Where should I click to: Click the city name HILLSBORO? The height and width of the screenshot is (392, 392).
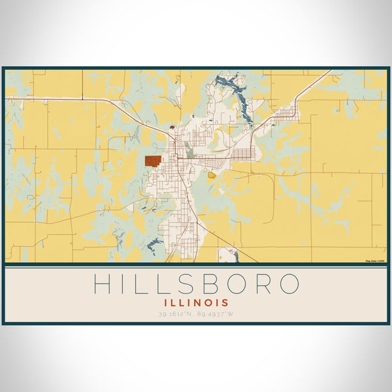click(x=196, y=284)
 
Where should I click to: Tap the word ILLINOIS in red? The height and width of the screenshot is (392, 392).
click(x=196, y=302)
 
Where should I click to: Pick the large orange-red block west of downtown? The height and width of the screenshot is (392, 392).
click(x=153, y=161)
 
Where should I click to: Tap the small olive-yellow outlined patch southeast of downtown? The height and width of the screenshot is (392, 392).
click(x=212, y=174)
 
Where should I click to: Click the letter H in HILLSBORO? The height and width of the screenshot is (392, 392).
click(x=102, y=284)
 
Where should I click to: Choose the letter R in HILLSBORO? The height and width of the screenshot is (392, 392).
click(x=268, y=284)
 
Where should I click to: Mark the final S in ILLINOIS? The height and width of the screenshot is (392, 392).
click(x=225, y=302)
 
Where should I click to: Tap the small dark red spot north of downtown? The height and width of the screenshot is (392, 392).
click(x=171, y=127)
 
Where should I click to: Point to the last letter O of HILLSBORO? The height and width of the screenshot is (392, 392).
click(x=289, y=284)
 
